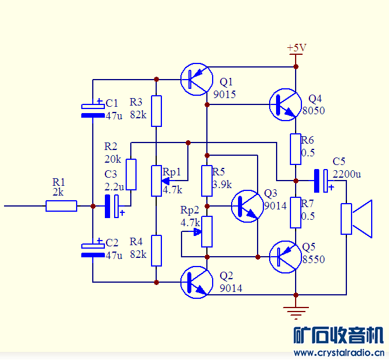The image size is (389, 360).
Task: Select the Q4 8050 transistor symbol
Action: click(285, 104)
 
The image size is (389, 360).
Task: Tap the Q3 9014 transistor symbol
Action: click(247, 206)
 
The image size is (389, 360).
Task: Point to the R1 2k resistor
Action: click(62, 206)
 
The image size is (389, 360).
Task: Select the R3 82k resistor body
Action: click(156, 111)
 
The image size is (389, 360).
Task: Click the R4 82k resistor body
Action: click(156, 250)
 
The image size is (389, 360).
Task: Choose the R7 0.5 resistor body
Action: click(296, 212)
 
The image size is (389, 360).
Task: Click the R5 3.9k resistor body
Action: click(207, 181)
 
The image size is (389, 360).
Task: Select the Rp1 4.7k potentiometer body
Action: click(156, 180)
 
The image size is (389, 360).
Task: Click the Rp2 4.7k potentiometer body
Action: click(207, 232)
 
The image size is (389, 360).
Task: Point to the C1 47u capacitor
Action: click(93, 110)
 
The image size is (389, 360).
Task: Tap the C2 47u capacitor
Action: click(93, 249)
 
